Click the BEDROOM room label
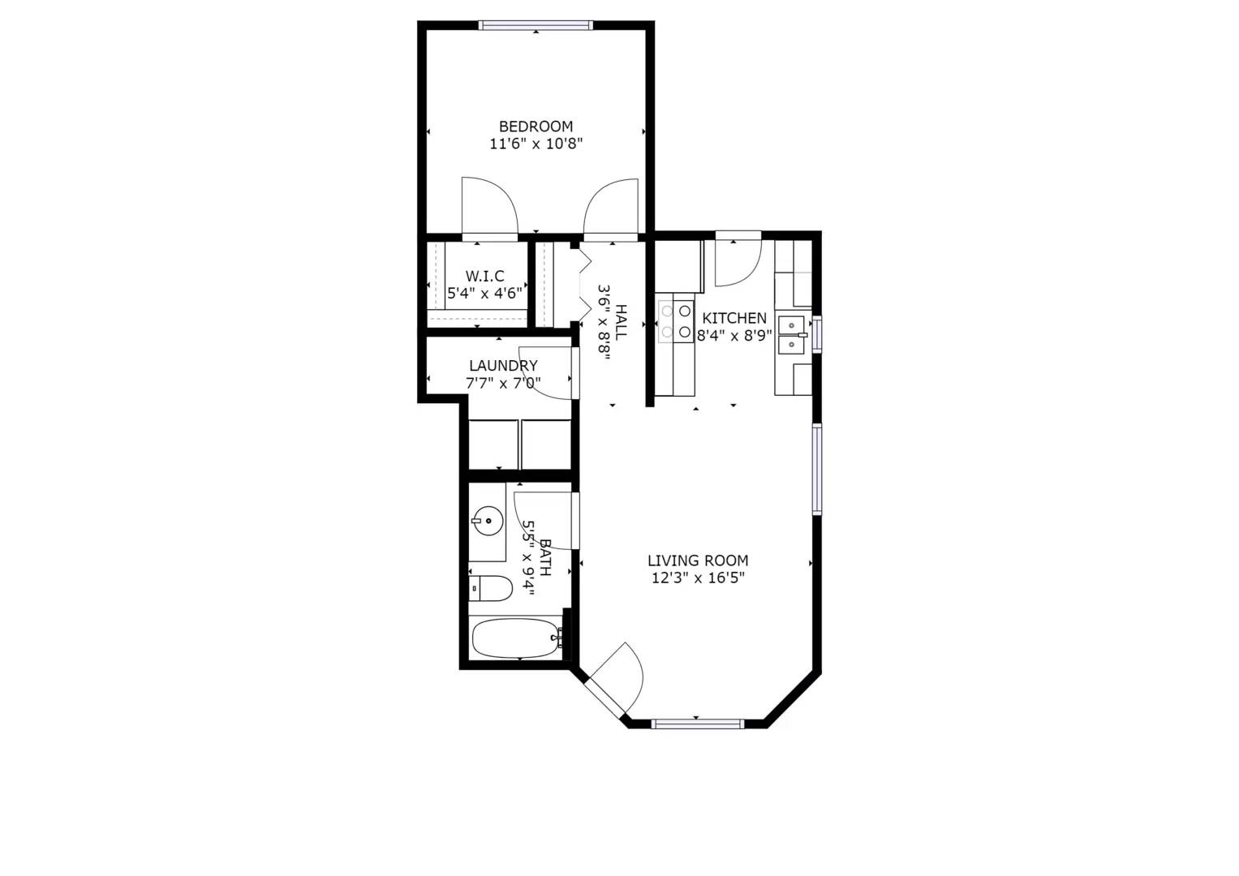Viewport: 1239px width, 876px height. click(x=536, y=127)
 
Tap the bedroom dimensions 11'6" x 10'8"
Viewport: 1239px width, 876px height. click(x=536, y=144)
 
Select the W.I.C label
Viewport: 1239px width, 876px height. click(x=484, y=277)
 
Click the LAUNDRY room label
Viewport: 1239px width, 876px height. click(x=503, y=366)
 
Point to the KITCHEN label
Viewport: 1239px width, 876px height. click(x=734, y=318)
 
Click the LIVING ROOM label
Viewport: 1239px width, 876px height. click(x=698, y=560)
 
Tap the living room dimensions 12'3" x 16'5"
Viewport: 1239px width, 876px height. click(x=698, y=578)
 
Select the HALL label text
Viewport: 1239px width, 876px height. click(x=622, y=321)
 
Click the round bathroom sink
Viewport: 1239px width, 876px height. click(x=488, y=520)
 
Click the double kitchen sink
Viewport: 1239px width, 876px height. click(x=792, y=335)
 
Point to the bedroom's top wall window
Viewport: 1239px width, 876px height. click(x=536, y=25)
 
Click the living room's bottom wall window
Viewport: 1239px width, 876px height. click(x=697, y=724)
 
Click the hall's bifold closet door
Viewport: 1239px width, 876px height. click(x=584, y=284)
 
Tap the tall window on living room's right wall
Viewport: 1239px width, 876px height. click(x=817, y=469)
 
